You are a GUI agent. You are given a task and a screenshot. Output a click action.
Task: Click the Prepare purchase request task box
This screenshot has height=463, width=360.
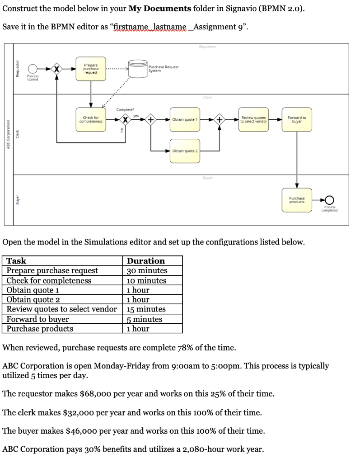pos(91,69)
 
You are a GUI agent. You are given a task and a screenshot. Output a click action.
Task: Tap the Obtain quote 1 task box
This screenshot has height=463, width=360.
pos(184,119)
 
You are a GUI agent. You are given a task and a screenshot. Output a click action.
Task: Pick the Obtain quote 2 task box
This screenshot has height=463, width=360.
pos(184,151)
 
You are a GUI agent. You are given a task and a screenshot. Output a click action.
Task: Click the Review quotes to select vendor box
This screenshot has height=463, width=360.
pos(253,119)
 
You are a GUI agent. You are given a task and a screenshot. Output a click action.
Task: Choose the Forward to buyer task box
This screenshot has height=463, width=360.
pos(297,119)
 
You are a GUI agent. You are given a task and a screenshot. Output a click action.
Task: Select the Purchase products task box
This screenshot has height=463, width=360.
pos(297,199)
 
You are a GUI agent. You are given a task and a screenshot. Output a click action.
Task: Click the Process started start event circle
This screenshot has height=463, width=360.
pos(33,69)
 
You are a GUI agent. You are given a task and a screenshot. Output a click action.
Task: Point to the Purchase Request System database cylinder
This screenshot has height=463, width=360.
pos(136,69)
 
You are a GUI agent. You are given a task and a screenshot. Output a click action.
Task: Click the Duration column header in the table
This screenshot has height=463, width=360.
pos(146,261)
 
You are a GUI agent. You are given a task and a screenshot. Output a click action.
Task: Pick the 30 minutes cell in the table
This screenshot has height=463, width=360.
pos(147,270)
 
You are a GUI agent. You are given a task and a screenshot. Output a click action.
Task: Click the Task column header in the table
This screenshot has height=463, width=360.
pos(16,261)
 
